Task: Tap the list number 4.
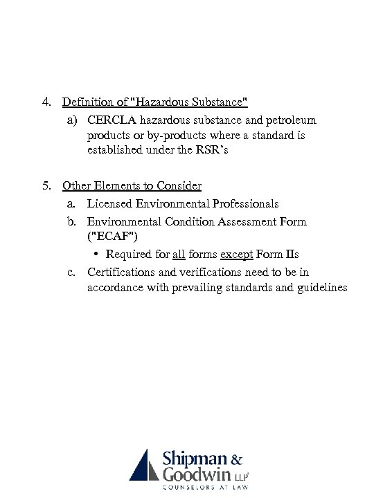pos(44,102)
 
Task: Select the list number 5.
pos(44,185)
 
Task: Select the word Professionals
pos(242,203)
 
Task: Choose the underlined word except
pos(235,254)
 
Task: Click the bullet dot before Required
pos(97,255)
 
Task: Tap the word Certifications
pos(124,273)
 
